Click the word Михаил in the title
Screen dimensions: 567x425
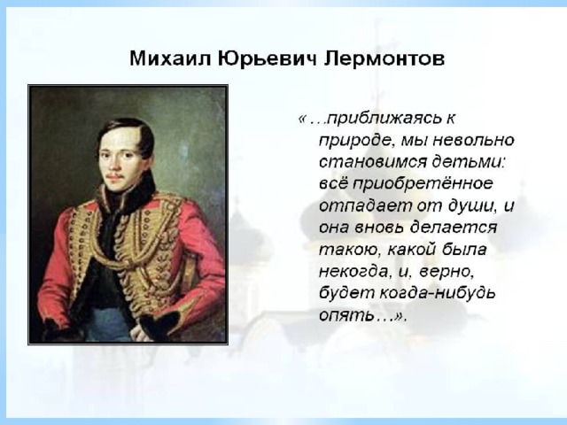170,58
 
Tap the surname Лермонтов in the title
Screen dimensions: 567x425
384,58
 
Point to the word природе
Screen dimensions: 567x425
356,141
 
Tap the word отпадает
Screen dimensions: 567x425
366,205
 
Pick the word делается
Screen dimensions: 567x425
454,228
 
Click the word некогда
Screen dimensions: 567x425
353,272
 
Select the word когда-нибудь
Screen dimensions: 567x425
437,293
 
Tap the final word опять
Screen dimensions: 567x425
346,315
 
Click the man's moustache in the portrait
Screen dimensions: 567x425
114,176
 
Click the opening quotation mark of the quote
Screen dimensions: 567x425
302,119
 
